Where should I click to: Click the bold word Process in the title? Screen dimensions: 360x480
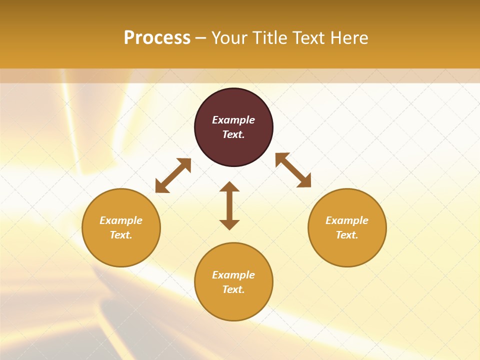click(157, 38)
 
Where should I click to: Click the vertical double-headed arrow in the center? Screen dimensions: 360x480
click(229, 205)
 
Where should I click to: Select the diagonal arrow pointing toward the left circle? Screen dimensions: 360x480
click(173, 175)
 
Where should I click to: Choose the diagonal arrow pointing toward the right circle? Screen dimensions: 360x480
click(293, 170)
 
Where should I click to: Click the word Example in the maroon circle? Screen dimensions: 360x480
click(233, 120)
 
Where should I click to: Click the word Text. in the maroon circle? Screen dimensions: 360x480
click(233, 134)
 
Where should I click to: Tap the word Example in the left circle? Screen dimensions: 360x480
click(121, 220)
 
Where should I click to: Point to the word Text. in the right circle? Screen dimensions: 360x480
click(347, 235)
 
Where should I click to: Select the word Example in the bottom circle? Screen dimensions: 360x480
click(233, 275)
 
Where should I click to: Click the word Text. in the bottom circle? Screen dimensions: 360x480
click(233, 289)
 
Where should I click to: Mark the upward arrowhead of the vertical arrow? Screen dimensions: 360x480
click(229, 186)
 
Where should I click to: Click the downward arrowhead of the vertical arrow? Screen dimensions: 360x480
click(229, 224)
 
